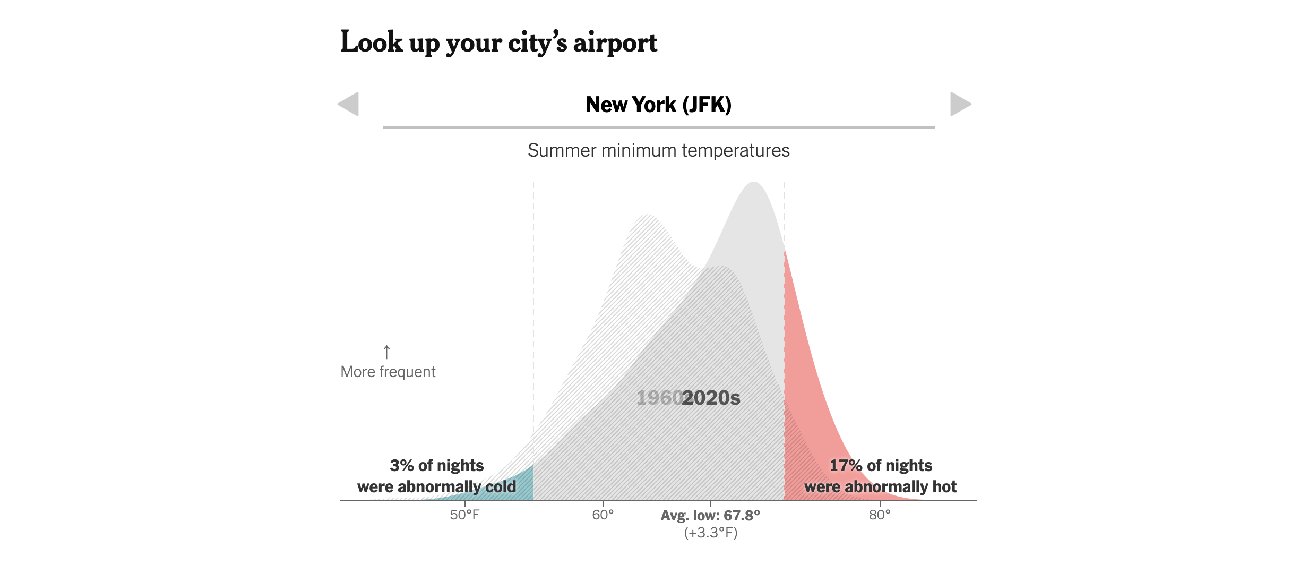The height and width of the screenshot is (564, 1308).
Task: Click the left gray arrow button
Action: point(349,104)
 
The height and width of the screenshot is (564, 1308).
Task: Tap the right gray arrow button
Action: point(960,104)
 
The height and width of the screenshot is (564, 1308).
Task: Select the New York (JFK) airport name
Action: point(658,105)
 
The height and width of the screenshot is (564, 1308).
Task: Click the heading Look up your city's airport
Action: point(498,42)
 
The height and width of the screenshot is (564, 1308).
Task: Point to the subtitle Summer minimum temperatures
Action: point(658,150)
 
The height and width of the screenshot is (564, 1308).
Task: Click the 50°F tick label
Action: point(464,515)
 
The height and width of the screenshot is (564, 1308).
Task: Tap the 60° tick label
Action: point(603,515)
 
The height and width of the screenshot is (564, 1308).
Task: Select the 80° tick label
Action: point(880,515)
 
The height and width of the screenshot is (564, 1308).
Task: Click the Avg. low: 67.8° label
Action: point(710,516)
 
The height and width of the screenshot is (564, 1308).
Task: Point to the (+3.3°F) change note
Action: point(710,533)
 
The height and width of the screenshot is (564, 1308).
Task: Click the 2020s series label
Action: point(711,398)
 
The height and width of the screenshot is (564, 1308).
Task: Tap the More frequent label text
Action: point(388,372)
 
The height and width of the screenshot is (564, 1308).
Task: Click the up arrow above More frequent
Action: point(386,352)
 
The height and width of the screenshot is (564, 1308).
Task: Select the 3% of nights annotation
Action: point(436,466)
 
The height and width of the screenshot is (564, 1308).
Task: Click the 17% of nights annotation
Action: point(881,466)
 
